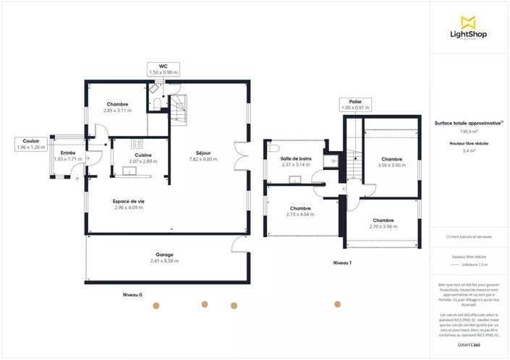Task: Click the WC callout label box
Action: [163, 69]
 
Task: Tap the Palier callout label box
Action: [355, 105]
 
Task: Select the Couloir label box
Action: [30, 144]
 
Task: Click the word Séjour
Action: [203, 153]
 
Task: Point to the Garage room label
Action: [164, 254]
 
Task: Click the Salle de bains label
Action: [295, 158]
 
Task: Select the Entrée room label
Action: [68, 153]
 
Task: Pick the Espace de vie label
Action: [129, 201]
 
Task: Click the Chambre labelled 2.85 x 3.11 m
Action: [117, 104]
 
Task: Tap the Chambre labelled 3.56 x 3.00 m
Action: [392, 159]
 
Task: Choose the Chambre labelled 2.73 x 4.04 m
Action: [300, 207]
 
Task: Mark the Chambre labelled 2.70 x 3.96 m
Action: [383, 220]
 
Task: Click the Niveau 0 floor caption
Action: [132, 295]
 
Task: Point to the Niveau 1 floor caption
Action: [342, 262]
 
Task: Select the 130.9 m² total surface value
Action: [469, 132]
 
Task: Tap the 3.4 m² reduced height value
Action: [469, 151]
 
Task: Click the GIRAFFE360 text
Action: [469, 346]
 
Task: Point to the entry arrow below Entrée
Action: [77, 176]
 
